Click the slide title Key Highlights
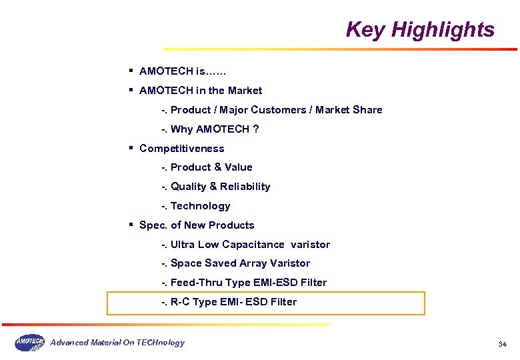pos(420,30)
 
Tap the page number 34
pos(502,344)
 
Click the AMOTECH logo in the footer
pos(29,342)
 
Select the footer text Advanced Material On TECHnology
pos(117,343)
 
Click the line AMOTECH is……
pos(183,71)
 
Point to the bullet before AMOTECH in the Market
pos(132,89)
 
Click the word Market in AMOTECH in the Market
pos(245,91)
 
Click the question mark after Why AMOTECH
pos(256,129)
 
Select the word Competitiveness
pos(181,149)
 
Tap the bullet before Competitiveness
pos(132,147)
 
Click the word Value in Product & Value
pos(239,167)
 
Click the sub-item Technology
pos(200,206)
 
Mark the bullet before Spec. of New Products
pos(132,224)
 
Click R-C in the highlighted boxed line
pos(180,302)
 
